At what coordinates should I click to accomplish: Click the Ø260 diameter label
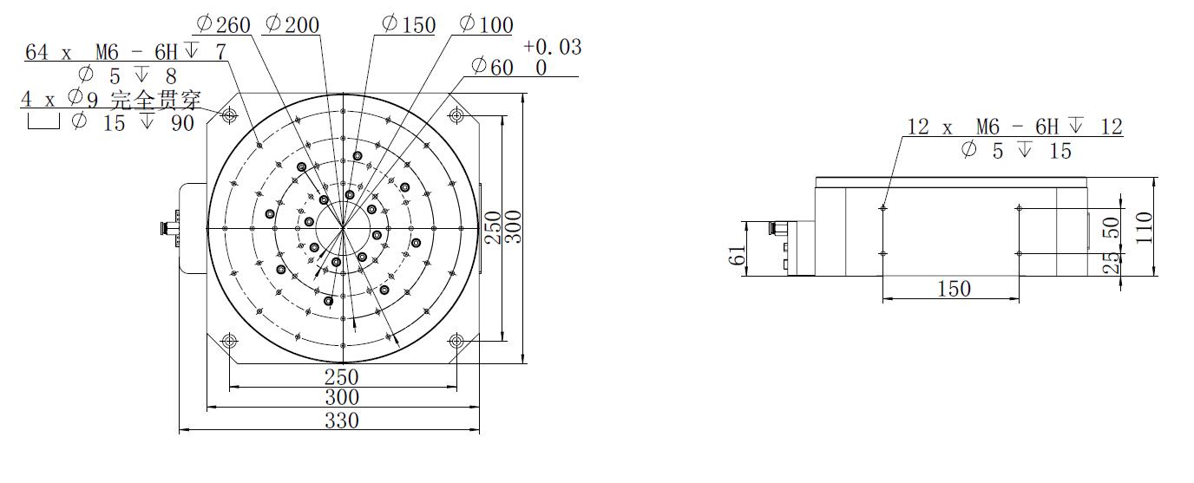click(x=223, y=24)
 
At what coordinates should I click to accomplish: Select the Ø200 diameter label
click(x=292, y=24)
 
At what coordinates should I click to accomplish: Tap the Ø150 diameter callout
click(x=409, y=24)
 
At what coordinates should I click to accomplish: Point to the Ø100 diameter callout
click(x=486, y=24)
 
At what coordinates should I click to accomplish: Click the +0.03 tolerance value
click(x=552, y=47)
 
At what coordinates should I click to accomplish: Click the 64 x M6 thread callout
click(x=126, y=52)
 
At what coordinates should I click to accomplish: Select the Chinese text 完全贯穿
click(x=155, y=100)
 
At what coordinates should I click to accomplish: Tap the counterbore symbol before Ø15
click(x=43, y=122)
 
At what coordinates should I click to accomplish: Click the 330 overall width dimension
click(x=342, y=421)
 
